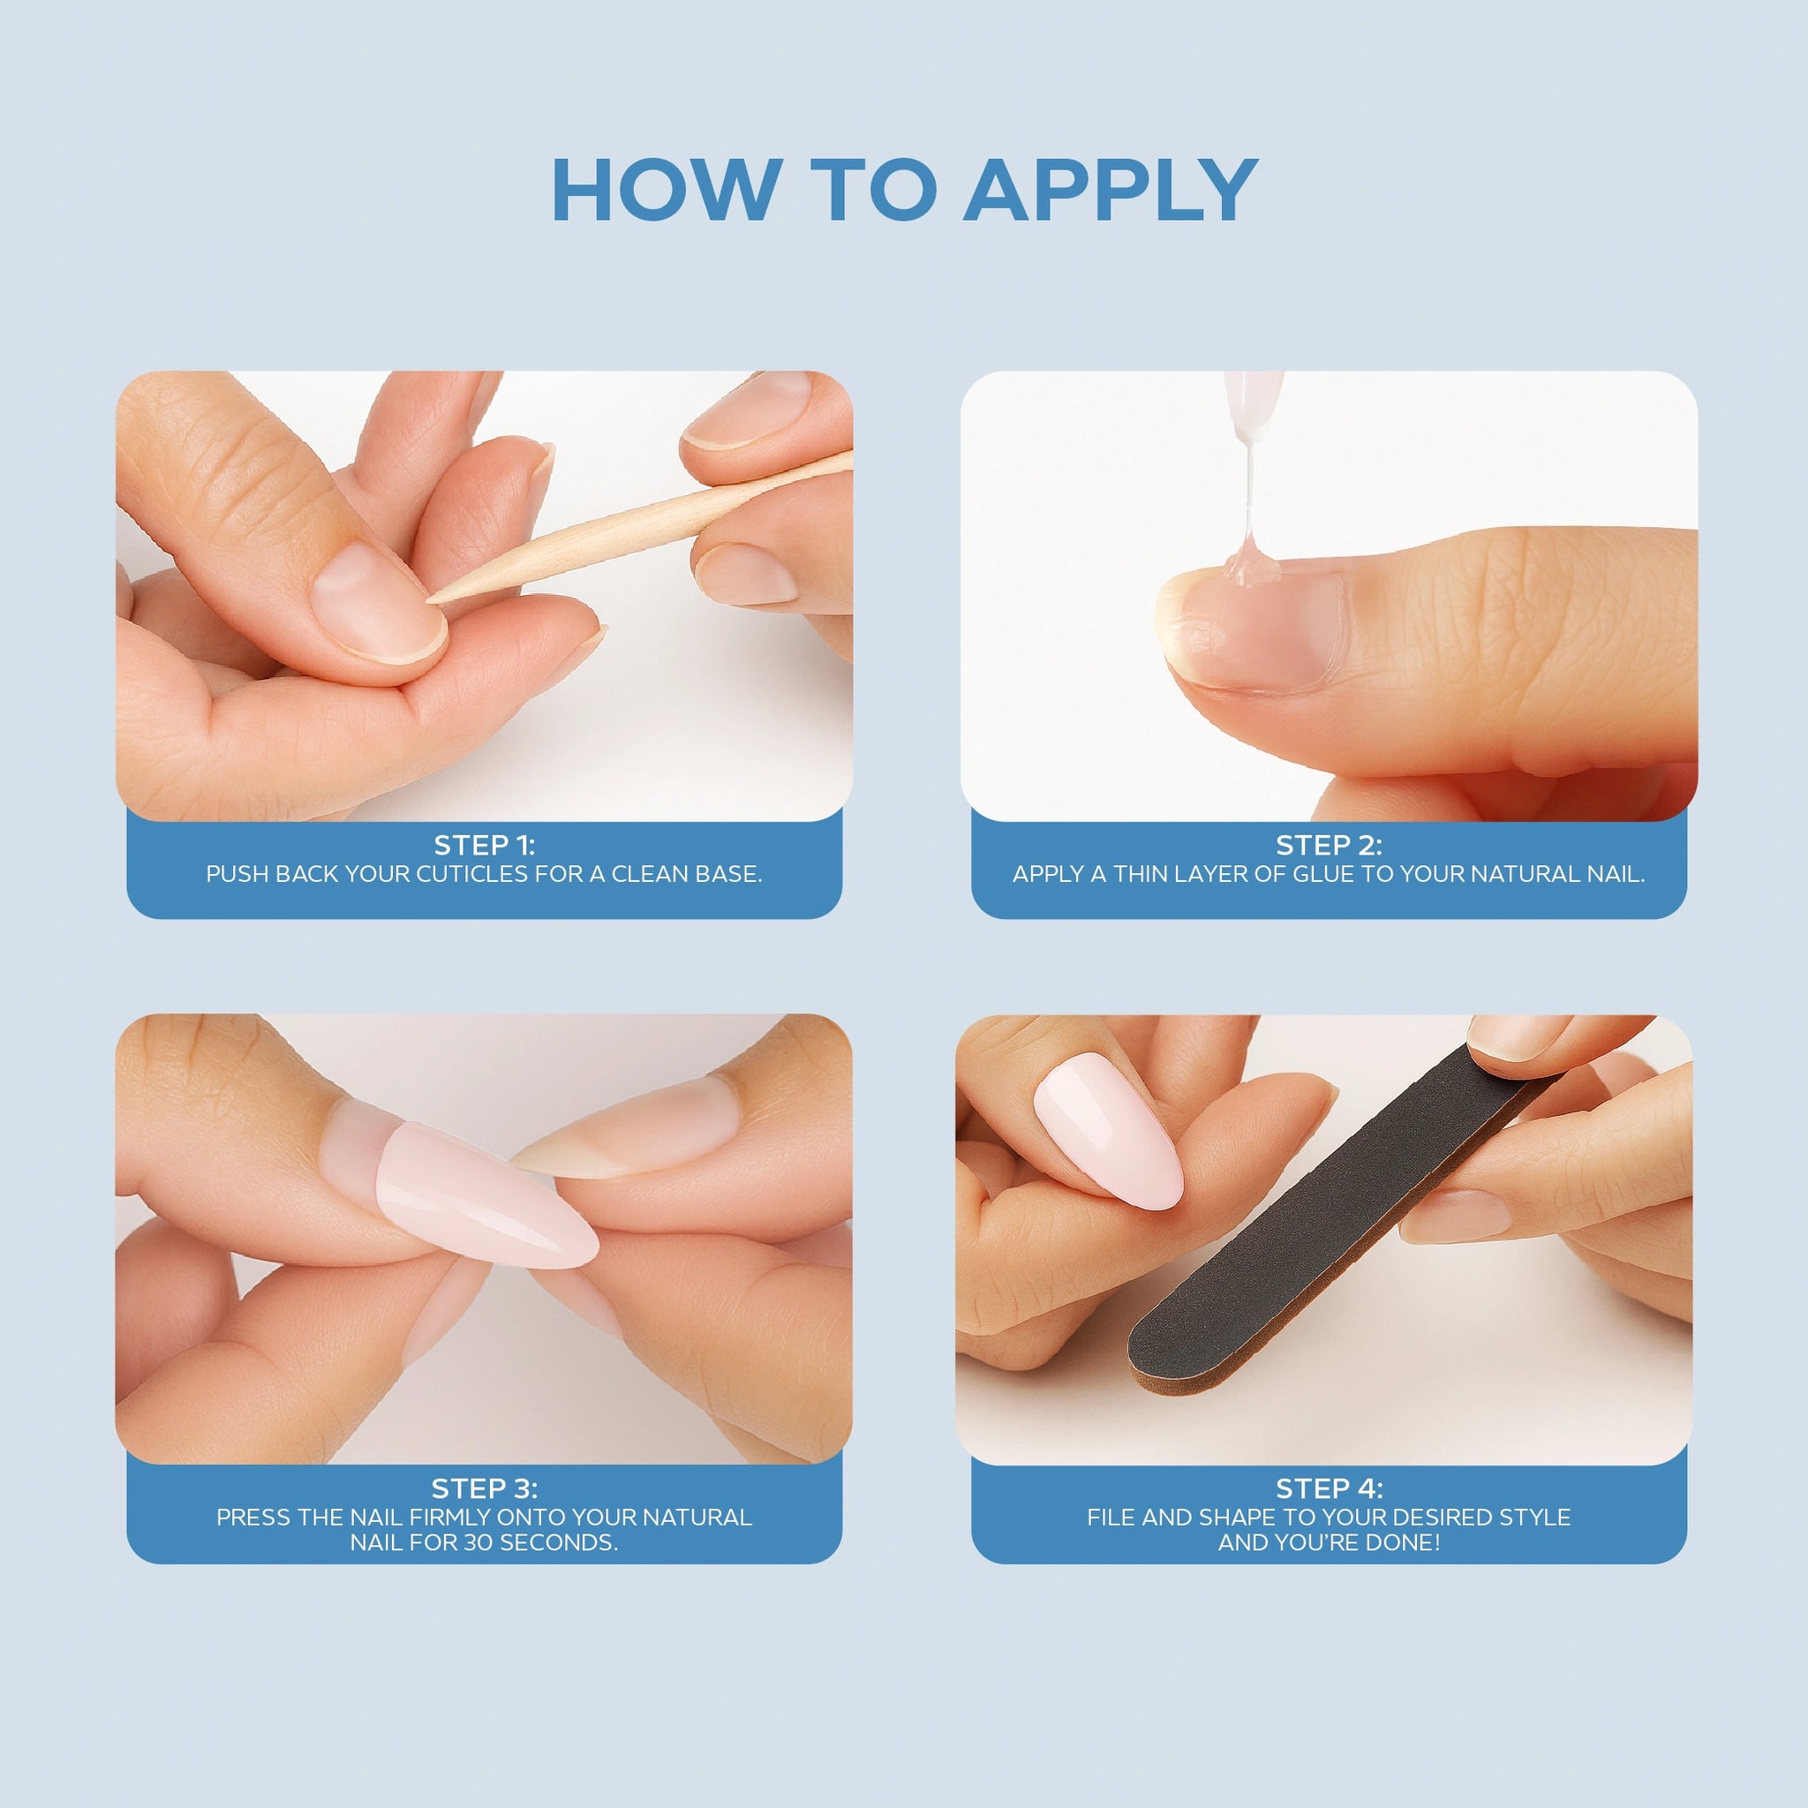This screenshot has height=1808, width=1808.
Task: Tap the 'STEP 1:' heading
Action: pyautogui.click(x=484, y=845)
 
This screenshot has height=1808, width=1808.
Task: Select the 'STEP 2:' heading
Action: pyautogui.click(x=1329, y=845)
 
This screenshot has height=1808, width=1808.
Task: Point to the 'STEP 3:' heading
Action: pyautogui.click(x=484, y=1488)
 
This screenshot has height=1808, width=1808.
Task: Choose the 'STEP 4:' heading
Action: pyautogui.click(x=1329, y=1488)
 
